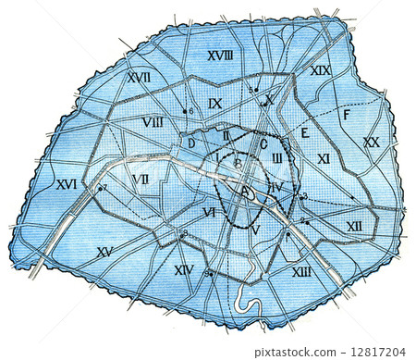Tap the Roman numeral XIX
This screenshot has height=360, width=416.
pyautogui.click(x=321, y=70)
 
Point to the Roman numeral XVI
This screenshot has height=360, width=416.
pyautogui.click(x=66, y=184)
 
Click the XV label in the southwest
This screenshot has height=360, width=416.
pyautogui.click(x=104, y=251)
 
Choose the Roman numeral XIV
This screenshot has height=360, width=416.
pyautogui.click(x=183, y=269)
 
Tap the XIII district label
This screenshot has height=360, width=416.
pyautogui.click(x=301, y=271)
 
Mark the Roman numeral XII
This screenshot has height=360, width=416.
pyautogui.click(x=355, y=226)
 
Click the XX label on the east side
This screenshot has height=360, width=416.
pyautogui.click(x=371, y=143)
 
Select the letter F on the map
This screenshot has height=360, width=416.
pyautogui.click(x=346, y=115)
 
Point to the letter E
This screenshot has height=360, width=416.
pyautogui.click(x=303, y=132)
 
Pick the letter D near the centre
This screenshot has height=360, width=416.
pyautogui.click(x=190, y=143)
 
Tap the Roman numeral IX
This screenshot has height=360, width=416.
pyautogui.click(x=215, y=104)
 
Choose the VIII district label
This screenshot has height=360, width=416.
pyautogui.click(x=153, y=122)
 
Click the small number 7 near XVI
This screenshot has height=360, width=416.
pyautogui.click(x=104, y=189)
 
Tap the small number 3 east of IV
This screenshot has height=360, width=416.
pyautogui.click(x=304, y=196)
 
